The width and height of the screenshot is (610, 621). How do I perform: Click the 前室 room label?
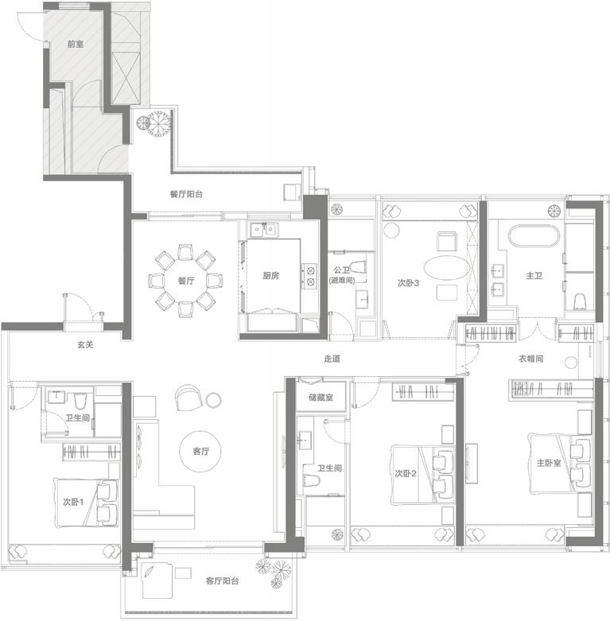(x=76, y=44)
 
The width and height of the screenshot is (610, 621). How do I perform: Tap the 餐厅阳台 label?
(x=186, y=194)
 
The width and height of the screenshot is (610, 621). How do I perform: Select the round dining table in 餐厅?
(x=186, y=281)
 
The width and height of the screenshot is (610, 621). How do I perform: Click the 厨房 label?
(x=271, y=276)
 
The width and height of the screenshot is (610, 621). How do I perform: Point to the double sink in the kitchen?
(x=263, y=229)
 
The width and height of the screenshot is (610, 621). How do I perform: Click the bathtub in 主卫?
(x=534, y=236)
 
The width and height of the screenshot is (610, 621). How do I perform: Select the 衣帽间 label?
(x=530, y=359)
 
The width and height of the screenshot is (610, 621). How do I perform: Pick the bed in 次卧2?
(x=422, y=475)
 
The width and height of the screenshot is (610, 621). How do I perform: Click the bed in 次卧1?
(x=87, y=503)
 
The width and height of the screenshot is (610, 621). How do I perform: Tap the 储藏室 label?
(x=321, y=398)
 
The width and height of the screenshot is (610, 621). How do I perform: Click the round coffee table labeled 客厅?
(x=200, y=452)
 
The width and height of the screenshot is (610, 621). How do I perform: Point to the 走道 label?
(x=332, y=359)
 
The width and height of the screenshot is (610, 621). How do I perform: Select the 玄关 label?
(x=85, y=345)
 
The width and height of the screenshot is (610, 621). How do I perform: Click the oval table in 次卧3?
(x=446, y=268)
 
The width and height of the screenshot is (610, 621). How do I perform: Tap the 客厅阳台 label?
(x=222, y=581)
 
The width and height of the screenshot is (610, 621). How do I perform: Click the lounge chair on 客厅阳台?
(x=157, y=581)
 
